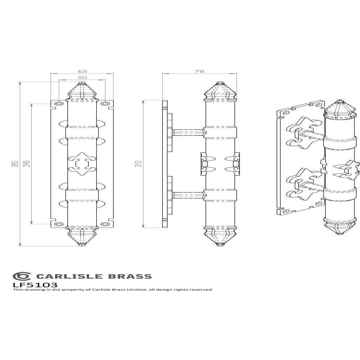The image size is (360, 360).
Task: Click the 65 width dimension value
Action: click(82, 71)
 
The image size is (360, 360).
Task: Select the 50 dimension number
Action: click(82, 78)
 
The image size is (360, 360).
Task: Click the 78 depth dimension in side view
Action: click(199, 71)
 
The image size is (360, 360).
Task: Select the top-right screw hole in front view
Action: click(105, 104)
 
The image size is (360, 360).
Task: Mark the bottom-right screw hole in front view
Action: click(105, 224)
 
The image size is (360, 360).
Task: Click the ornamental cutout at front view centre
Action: click(82, 164)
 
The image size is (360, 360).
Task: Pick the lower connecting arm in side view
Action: click(187, 195)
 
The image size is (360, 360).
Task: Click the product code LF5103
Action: click(35, 284)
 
